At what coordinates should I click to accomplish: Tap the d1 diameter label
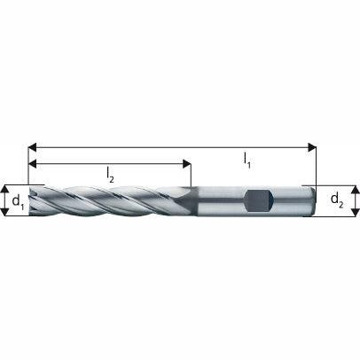coord(16,201)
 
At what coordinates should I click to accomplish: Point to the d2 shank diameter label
coord(337,200)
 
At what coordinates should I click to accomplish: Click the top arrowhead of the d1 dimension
coord(5,188)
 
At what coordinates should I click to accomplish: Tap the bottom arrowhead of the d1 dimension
coord(5,214)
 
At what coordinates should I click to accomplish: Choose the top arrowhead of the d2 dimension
coord(355,189)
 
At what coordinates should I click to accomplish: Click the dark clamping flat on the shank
coord(257,200)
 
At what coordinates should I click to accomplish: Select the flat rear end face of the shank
coord(313,200)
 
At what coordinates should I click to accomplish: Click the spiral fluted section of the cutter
coord(106,201)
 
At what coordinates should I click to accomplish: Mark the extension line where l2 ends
coord(190,173)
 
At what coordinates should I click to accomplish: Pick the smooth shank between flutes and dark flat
coord(217,200)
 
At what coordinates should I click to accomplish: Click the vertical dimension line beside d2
coord(355,200)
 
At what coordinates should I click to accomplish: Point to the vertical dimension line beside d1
coord(5,201)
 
